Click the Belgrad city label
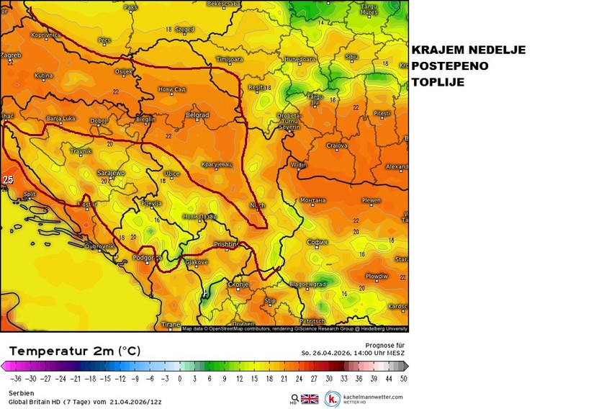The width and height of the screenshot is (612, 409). click(x=197, y=115)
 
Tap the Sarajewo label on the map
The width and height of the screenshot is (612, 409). click(x=111, y=174)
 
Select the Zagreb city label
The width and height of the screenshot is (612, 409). click(x=10, y=55)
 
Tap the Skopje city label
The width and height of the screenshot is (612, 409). click(x=238, y=285)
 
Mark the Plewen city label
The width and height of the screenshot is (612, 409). click(x=371, y=201)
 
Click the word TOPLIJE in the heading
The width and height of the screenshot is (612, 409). click(x=438, y=83)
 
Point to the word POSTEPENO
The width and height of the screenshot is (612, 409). click(x=450, y=66)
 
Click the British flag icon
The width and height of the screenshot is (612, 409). click(x=310, y=398)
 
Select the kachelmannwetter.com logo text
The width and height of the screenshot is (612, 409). click(x=372, y=397)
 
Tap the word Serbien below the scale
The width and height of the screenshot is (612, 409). click(x=21, y=392)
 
